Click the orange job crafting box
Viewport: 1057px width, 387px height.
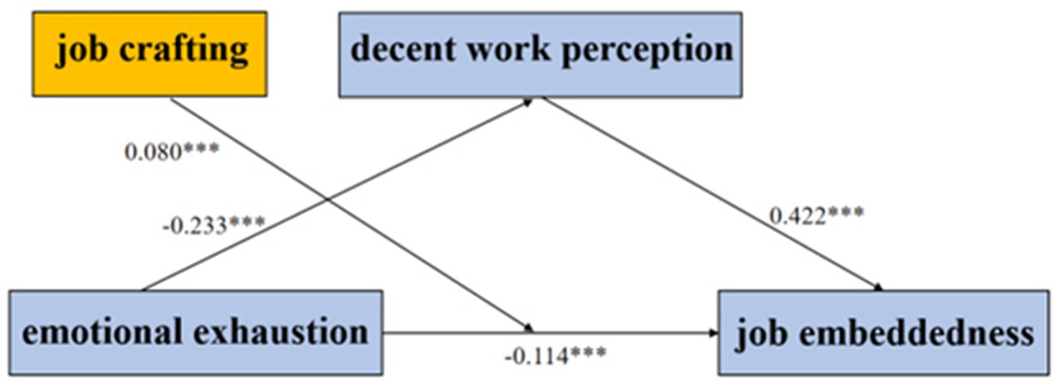pyautogui.click(x=149, y=53)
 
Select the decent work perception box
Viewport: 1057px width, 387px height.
pyautogui.click(x=540, y=54)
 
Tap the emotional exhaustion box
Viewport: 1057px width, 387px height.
pyautogui.click(x=195, y=332)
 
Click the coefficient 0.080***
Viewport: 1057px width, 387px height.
pyautogui.click(x=171, y=152)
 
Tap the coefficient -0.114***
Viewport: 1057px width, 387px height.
pyautogui.click(x=555, y=353)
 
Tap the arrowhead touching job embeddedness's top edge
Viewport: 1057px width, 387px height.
pyautogui.click(x=880, y=287)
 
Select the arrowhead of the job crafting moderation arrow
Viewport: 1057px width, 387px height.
pyautogui.click(x=530, y=328)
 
